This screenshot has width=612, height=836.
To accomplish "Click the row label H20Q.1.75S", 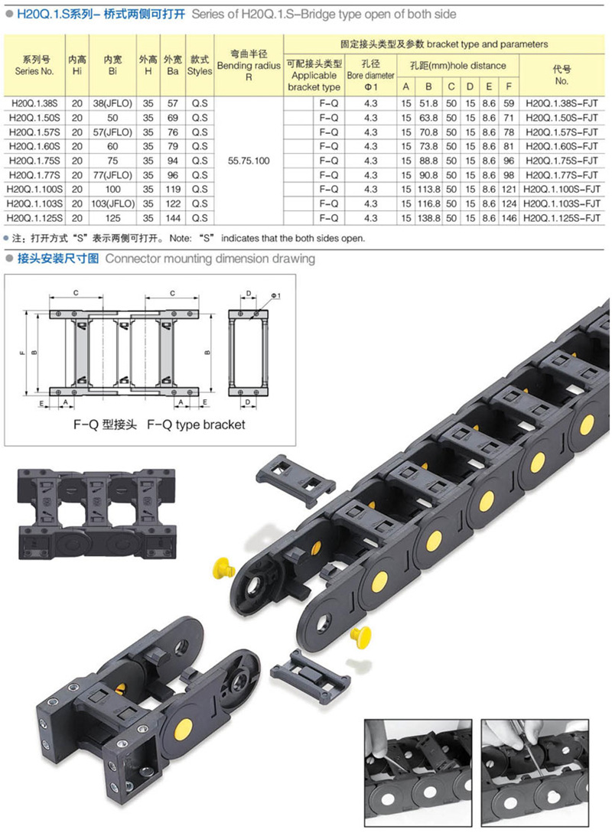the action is (x=34, y=161).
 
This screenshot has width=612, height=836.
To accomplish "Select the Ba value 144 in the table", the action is (x=173, y=218).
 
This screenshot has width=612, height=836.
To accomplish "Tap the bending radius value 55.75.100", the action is (x=249, y=161).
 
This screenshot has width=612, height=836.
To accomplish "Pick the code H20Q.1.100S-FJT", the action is (x=562, y=189).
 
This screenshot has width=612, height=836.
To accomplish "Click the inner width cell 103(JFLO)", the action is (x=113, y=203).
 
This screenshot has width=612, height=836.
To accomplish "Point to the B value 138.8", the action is (x=428, y=218).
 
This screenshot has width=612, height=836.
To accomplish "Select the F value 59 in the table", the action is (x=509, y=103).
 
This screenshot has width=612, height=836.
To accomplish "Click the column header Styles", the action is (x=200, y=71).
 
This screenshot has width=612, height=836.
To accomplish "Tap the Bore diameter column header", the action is (x=370, y=75).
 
